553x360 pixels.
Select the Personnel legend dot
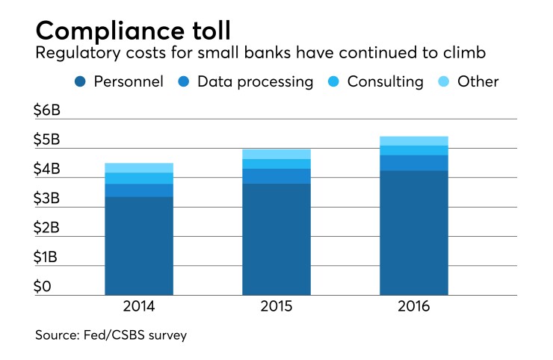tap(80, 82)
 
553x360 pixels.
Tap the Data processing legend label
tap(255, 82)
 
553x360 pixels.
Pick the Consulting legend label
tap(386, 82)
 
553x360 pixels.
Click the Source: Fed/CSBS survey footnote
tap(111, 336)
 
